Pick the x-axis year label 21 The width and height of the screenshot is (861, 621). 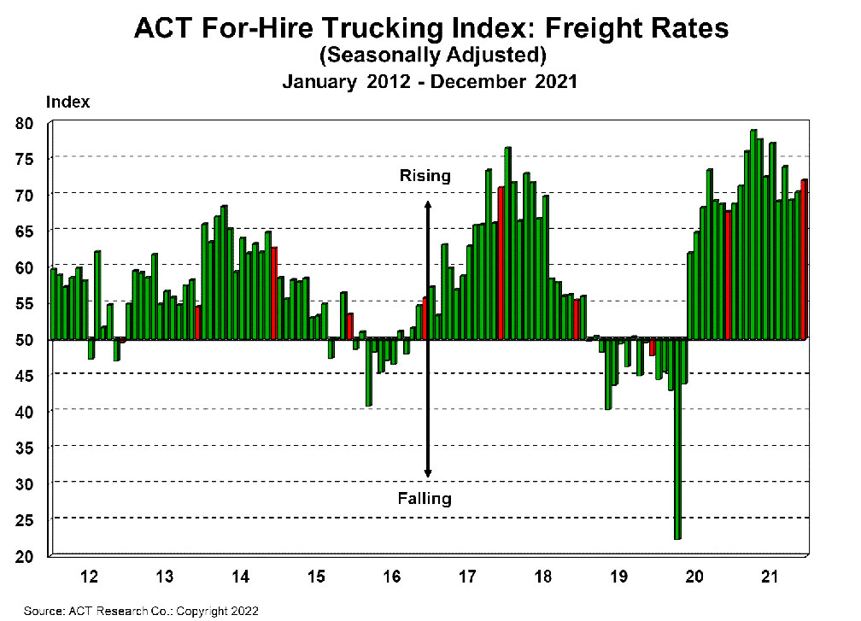pyautogui.click(x=768, y=577)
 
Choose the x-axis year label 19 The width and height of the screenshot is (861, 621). pyautogui.click(x=618, y=577)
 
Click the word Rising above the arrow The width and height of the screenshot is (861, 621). pyautogui.click(x=425, y=177)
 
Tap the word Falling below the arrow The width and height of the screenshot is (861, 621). pyautogui.click(x=425, y=498)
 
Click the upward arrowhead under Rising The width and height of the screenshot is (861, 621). pyautogui.click(x=428, y=206)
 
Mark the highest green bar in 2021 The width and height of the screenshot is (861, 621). pyautogui.click(x=753, y=234)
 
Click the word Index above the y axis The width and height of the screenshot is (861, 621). pyautogui.click(x=67, y=102)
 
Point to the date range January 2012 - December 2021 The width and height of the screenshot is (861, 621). pyautogui.click(x=430, y=82)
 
